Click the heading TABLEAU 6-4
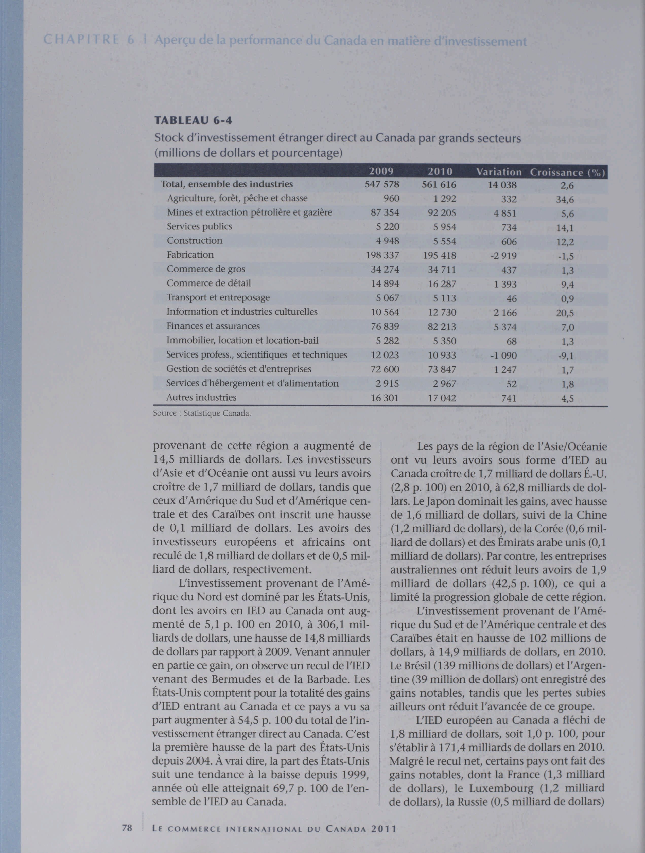point(193,121)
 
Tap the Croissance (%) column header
point(567,172)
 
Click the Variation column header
point(499,172)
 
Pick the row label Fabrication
point(190,255)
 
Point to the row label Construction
point(195,241)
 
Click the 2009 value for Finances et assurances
point(385,327)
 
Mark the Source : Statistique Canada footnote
point(202,413)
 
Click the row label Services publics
point(199,227)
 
